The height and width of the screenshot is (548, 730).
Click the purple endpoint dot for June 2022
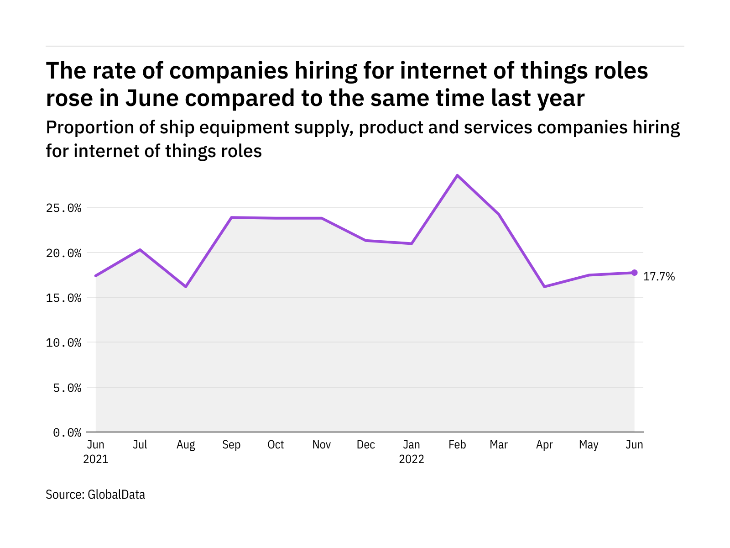pyautogui.click(x=634, y=273)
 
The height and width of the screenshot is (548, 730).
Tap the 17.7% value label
pyautogui.click(x=659, y=276)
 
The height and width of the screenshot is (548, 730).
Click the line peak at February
pyautogui.click(x=457, y=175)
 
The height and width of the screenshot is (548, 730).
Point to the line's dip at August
pyautogui.click(x=186, y=287)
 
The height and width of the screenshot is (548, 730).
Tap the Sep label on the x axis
pyautogui.click(x=231, y=445)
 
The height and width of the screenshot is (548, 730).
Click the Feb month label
pyautogui.click(x=457, y=445)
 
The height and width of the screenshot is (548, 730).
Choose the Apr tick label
pyautogui.click(x=544, y=445)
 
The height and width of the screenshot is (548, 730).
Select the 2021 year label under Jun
pyautogui.click(x=96, y=459)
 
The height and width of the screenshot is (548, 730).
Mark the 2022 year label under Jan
pyautogui.click(x=412, y=459)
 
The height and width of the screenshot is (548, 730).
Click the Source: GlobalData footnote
pyautogui.click(x=95, y=495)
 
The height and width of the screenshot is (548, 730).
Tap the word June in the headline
pyautogui.click(x=152, y=98)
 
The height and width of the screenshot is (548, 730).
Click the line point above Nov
pyautogui.click(x=322, y=218)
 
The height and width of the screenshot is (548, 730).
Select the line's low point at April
pyautogui.click(x=544, y=287)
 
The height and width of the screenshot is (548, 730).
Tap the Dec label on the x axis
pyautogui.click(x=366, y=445)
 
